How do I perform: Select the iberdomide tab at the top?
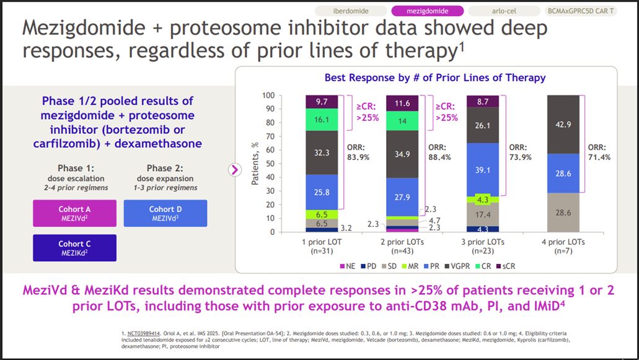(x=351, y=11)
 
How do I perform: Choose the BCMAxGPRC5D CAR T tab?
(x=581, y=11)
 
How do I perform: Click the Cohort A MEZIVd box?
(x=74, y=213)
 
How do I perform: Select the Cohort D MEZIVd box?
(x=165, y=213)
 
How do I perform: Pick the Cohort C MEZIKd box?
(x=74, y=247)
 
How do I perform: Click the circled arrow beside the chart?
(x=235, y=169)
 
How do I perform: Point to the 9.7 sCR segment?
(x=321, y=102)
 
